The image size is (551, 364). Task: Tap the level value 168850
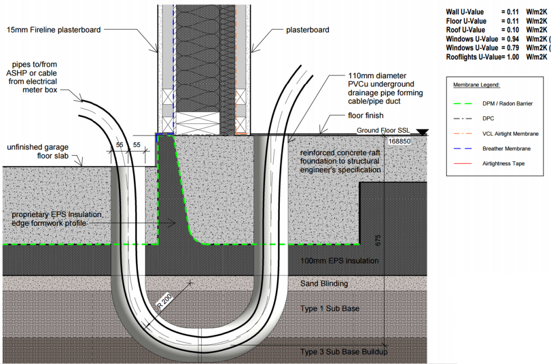pos(400,142)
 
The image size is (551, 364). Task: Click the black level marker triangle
pos(423,132)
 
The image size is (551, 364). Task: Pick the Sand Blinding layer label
pos(324,284)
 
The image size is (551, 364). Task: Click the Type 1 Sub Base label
pos(329,308)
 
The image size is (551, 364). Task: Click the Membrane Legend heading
pos(477,85)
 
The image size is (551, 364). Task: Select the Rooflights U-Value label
pos(472,56)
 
